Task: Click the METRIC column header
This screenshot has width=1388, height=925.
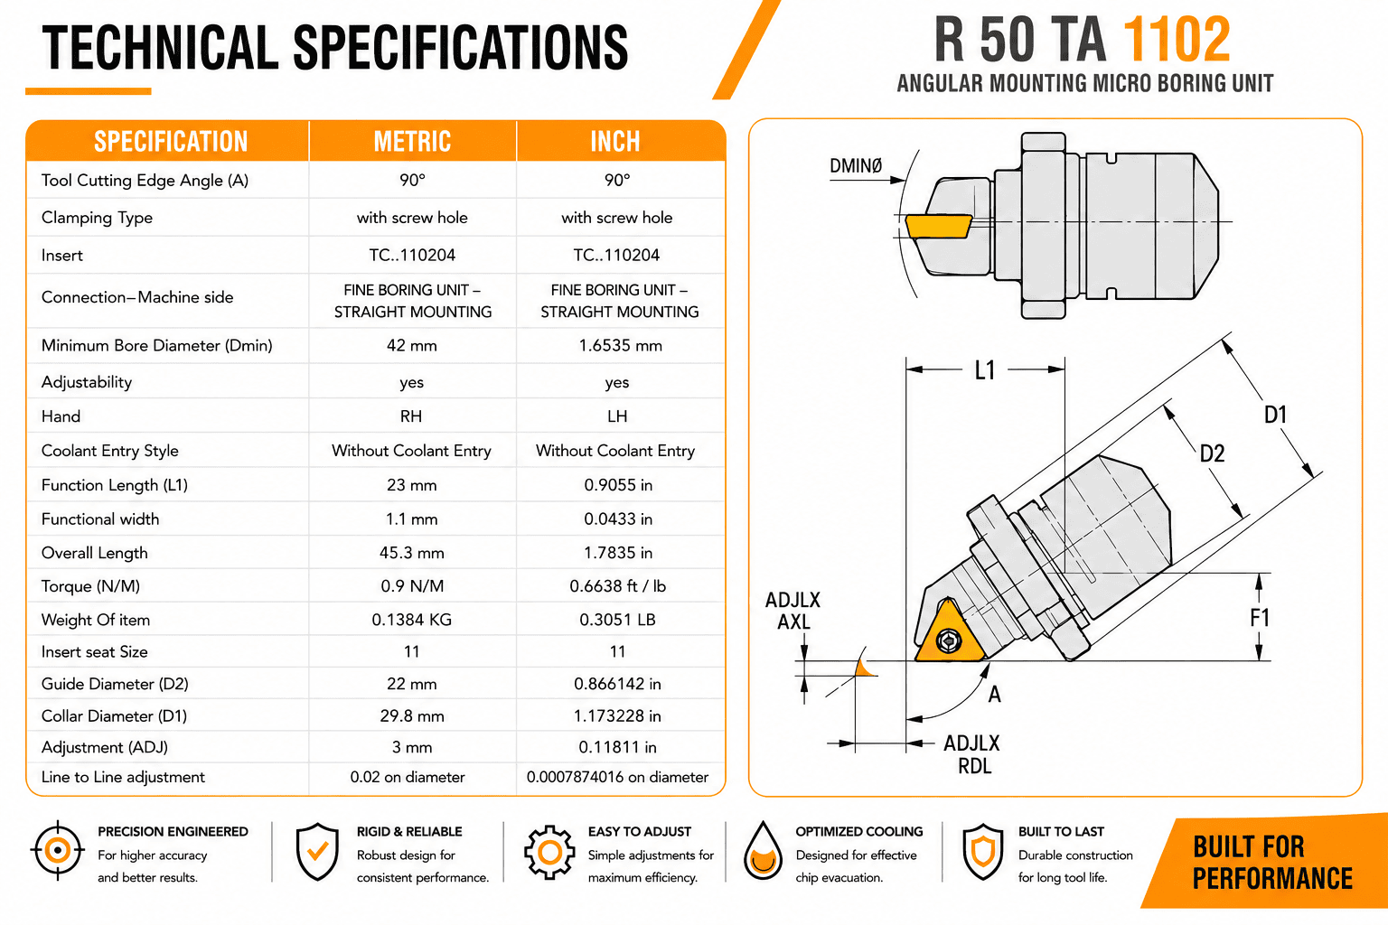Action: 412,141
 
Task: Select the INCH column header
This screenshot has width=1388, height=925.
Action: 615,141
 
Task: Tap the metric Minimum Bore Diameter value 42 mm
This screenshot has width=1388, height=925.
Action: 412,345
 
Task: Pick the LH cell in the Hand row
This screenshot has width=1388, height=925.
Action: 617,416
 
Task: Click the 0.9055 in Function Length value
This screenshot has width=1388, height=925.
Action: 618,485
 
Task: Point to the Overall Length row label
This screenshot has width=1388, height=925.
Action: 95,553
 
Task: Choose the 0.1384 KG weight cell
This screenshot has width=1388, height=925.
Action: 412,620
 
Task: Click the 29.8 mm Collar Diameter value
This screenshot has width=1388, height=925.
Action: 412,715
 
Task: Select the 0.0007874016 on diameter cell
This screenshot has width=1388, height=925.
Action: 617,777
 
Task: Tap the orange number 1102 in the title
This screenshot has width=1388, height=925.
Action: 1177,40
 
